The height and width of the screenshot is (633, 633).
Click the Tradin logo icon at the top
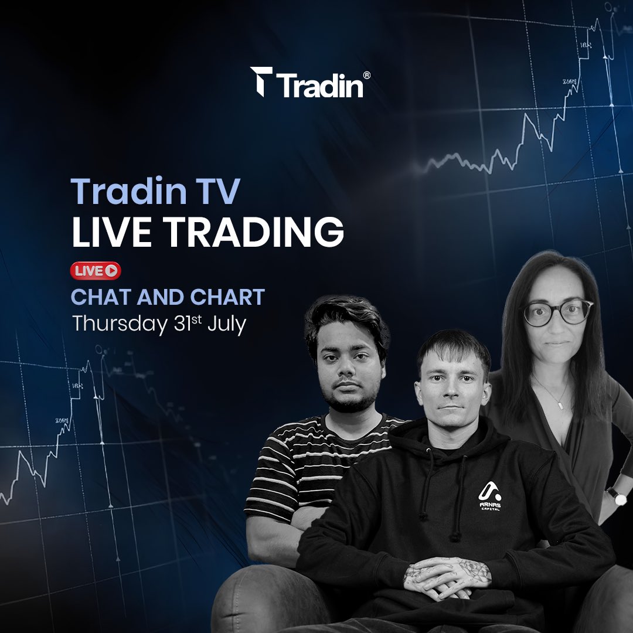(261, 81)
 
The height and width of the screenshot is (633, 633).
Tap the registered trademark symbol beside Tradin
(366, 76)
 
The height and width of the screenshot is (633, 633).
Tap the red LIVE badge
(96, 270)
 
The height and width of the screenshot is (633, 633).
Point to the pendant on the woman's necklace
(561, 404)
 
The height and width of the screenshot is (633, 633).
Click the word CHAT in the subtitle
(100, 297)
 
